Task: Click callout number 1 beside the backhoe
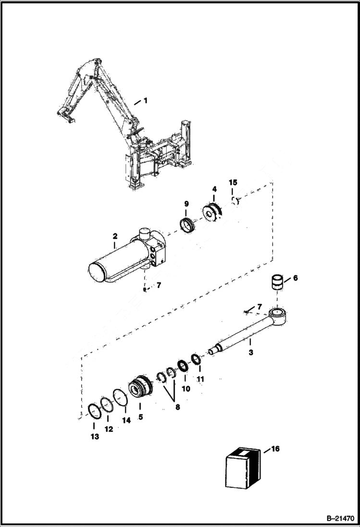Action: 145,101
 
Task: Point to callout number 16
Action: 275,449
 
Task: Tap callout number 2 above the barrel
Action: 115,236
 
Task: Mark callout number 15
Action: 233,183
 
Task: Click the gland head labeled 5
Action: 140,387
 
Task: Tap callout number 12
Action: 109,429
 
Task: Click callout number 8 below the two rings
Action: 177,407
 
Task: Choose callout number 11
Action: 200,379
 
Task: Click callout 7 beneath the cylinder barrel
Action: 159,285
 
